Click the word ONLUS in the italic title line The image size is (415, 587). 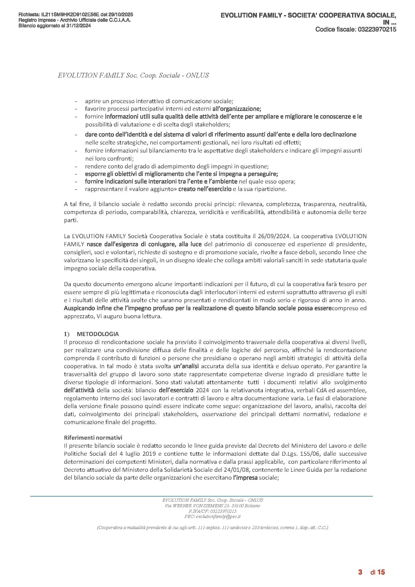[197, 75]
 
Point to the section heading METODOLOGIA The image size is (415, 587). [98, 334]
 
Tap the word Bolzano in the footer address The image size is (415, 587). [252, 506]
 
